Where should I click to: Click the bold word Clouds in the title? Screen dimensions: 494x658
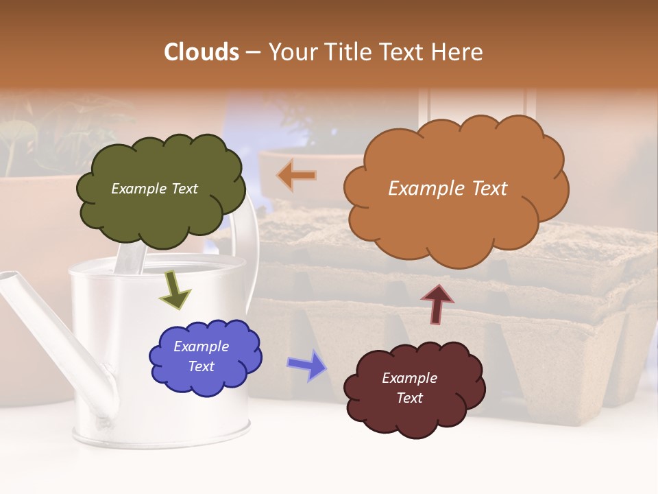point(202,52)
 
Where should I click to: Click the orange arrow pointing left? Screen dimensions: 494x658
point(297,176)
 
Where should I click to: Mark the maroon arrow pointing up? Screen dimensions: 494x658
point(437,304)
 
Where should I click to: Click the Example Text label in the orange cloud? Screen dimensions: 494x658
point(448,189)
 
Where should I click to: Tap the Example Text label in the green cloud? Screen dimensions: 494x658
point(154,189)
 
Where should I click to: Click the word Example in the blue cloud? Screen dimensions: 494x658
point(201,346)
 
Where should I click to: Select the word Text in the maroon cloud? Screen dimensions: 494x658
point(409,398)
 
